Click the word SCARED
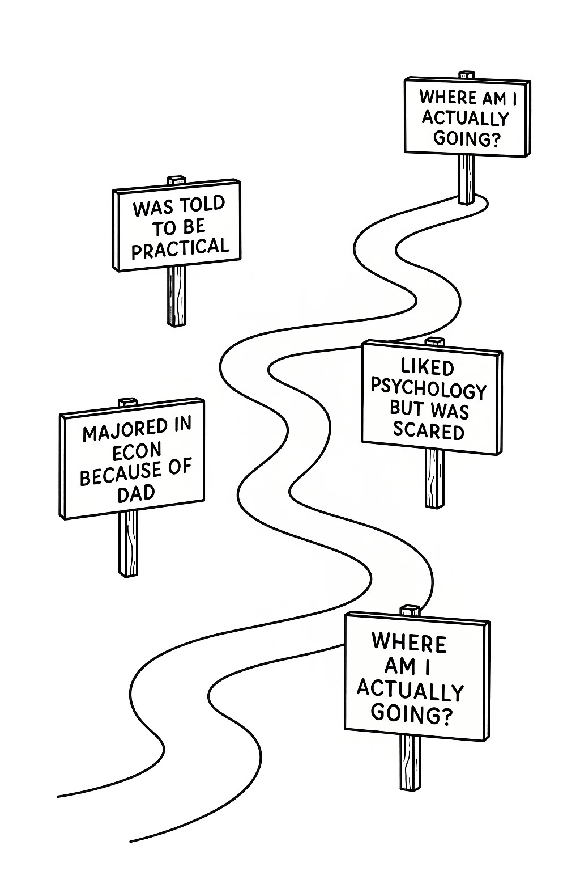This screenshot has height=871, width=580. coord(428,431)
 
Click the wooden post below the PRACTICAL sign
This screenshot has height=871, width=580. coord(177,295)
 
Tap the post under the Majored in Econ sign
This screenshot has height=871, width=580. coord(128,543)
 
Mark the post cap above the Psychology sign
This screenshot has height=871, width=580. coord(435,341)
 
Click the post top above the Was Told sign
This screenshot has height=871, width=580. coord(177,180)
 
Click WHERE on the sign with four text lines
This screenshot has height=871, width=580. coord(409,643)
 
